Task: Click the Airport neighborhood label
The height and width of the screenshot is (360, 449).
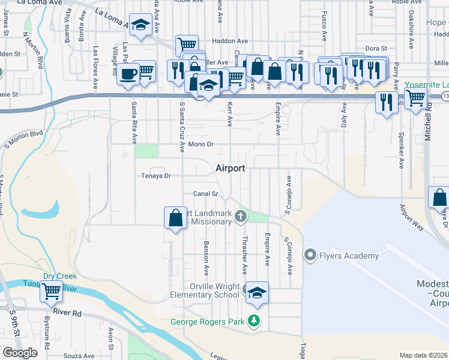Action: pyautogui.click(x=231, y=169)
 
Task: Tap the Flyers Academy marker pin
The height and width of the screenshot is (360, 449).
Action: pyautogui.click(x=310, y=256)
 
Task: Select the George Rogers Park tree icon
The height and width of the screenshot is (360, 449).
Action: pyautogui.click(x=255, y=322)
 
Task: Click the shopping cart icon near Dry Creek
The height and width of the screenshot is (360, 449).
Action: pyautogui.click(x=52, y=292)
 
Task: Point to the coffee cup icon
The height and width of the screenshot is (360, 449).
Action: pyautogui.click(x=127, y=74)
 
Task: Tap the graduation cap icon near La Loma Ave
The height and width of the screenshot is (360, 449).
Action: pyautogui.click(x=141, y=25)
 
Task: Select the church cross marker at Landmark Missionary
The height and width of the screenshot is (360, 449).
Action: pyautogui.click(x=241, y=216)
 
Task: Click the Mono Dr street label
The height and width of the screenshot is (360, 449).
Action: pyautogui.click(x=200, y=145)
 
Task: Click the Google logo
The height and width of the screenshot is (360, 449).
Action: pyautogui.click(x=20, y=353)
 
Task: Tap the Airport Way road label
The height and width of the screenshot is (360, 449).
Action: pyautogui.click(x=412, y=217)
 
